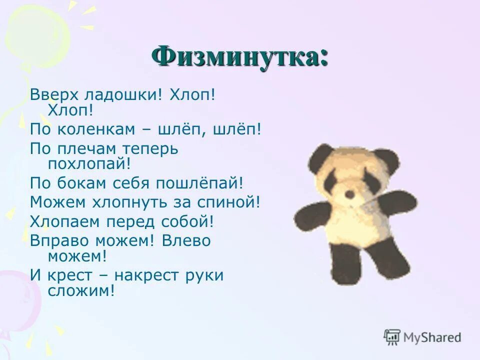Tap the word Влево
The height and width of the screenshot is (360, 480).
click(186, 240)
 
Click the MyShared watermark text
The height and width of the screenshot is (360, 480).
click(432, 338)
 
